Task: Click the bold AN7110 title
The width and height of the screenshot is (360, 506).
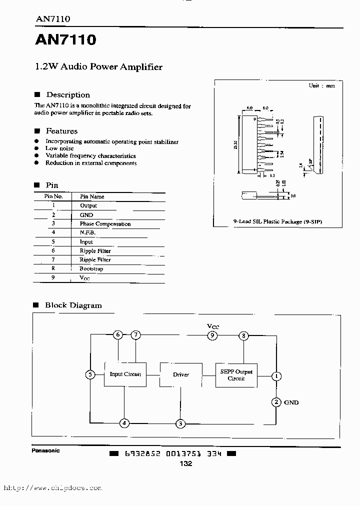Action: click(x=65, y=40)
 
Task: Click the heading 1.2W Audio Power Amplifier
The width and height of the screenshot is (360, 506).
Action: click(x=98, y=67)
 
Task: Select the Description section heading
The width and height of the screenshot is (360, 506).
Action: click(x=68, y=95)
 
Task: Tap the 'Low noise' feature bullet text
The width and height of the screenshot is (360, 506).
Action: click(x=59, y=148)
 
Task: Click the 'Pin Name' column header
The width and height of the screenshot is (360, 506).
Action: click(x=92, y=196)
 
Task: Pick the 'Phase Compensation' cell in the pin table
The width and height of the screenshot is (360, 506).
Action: click(x=105, y=224)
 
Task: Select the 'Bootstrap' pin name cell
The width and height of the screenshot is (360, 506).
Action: click(x=91, y=269)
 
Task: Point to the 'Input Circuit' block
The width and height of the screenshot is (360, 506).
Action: click(x=125, y=374)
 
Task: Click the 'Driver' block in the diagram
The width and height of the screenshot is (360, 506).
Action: click(x=181, y=374)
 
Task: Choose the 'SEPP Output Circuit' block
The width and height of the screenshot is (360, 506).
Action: click(x=236, y=375)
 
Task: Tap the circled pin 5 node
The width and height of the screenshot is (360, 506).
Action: click(x=90, y=374)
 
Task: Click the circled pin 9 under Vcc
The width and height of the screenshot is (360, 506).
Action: click(x=212, y=335)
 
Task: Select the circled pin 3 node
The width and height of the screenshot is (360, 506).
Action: click(x=180, y=423)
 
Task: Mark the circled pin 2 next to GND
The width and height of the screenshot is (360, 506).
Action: click(x=276, y=402)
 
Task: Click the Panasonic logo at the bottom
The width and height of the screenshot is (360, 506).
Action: click(x=46, y=450)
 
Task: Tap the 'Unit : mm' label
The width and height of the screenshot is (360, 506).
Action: click(x=321, y=85)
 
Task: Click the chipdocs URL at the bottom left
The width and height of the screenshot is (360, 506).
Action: click(x=52, y=488)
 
